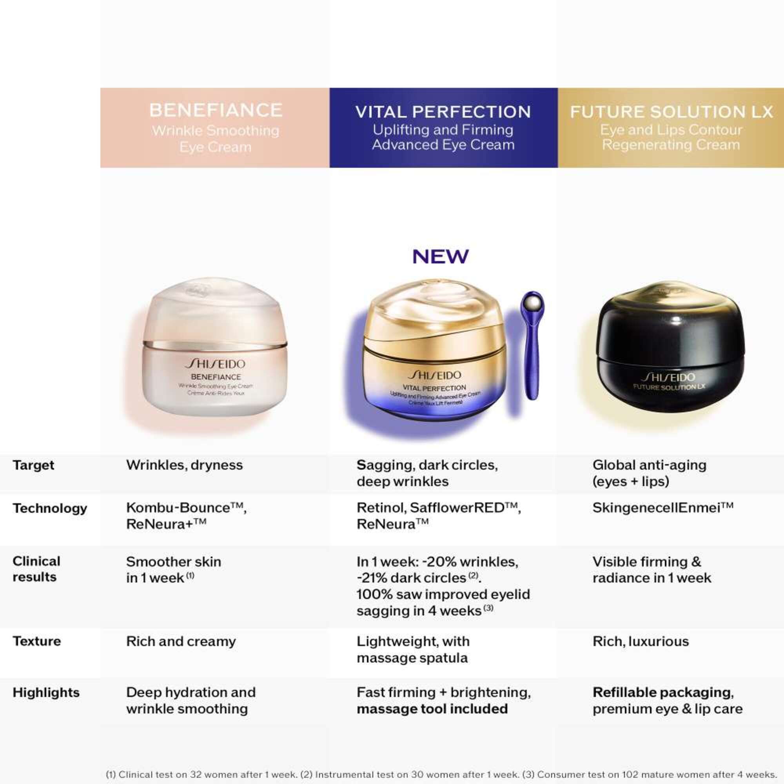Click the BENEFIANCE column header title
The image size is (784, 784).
[x=216, y=110]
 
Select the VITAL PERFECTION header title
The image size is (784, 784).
[x=443, y=112]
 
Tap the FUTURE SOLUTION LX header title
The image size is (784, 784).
[x=671, y=112]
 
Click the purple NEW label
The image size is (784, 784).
[x=440, y=256]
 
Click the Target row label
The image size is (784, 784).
[x=33, y=465]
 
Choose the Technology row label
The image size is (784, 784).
[x=49, y=508]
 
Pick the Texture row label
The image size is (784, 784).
[x=36, y=641]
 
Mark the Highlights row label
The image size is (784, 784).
[x=46, y=692]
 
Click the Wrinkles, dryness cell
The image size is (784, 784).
[x=184, y=465]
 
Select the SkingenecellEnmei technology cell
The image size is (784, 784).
[x=662, y=508]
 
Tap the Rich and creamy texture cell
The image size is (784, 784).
[x=181, y=641]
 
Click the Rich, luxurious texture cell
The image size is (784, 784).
[x=641, y=641]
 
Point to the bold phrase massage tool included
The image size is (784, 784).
[x=432, y=708]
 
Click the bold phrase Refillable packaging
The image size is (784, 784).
[x=662, y=692]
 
